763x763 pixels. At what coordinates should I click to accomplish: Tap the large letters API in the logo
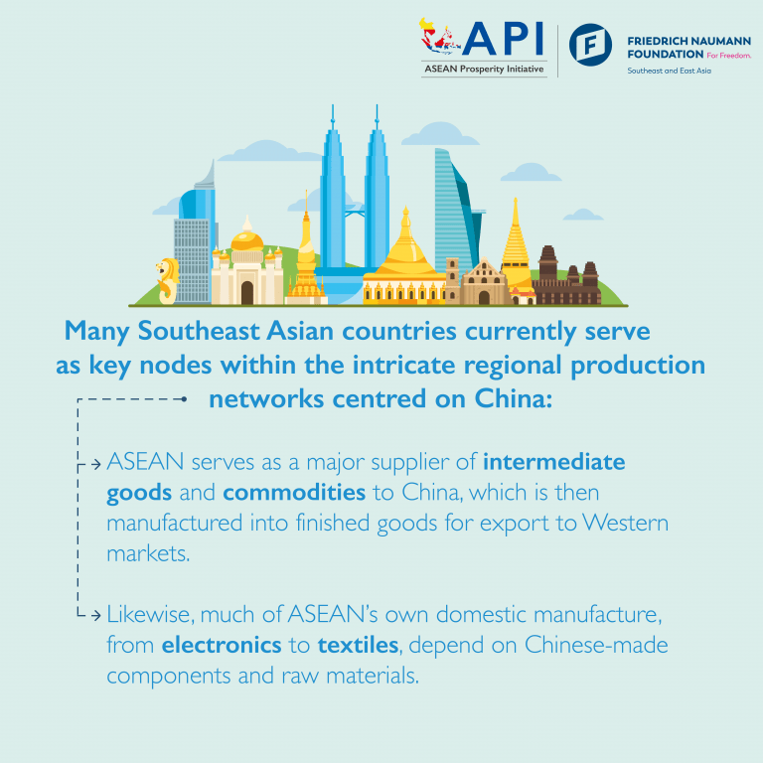(504, 39)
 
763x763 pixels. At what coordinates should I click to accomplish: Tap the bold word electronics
(222, 646)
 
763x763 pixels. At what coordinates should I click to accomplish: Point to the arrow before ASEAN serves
(94, 464)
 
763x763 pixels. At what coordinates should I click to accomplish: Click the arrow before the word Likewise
(94, 617)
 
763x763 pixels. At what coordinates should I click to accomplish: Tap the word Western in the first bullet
(622, 523)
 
